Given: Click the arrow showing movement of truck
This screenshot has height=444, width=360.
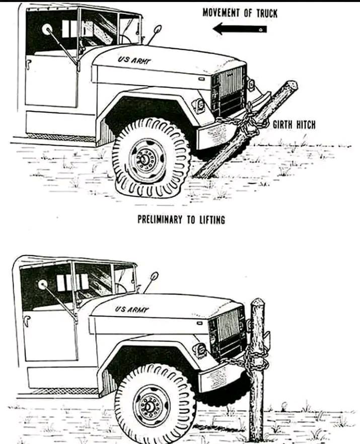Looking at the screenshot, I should coord(240,29).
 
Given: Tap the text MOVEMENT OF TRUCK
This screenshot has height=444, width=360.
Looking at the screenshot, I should coord(240,12).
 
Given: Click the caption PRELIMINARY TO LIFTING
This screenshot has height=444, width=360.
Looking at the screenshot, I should coord(181,219).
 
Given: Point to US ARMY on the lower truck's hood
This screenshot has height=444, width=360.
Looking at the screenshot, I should coord(132,309).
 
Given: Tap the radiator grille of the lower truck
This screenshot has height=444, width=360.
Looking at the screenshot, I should coord(226,330).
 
